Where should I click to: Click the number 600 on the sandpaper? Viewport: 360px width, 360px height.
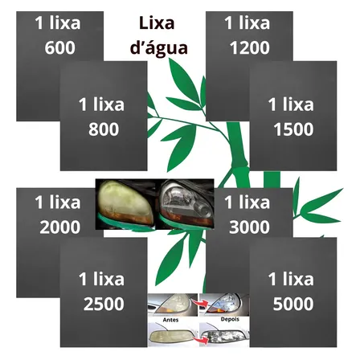(x=59, y=48)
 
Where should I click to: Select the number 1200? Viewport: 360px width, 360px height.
(x=248, y=48)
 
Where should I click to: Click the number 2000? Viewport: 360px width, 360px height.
(x=59, y=227)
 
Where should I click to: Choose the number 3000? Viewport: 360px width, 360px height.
(x=248, y=227)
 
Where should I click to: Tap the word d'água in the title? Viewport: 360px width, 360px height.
(x=158, y=47)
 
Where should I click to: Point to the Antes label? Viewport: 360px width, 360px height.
(x=170, y=320)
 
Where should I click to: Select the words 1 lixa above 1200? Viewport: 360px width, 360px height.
(x=248, y=23)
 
